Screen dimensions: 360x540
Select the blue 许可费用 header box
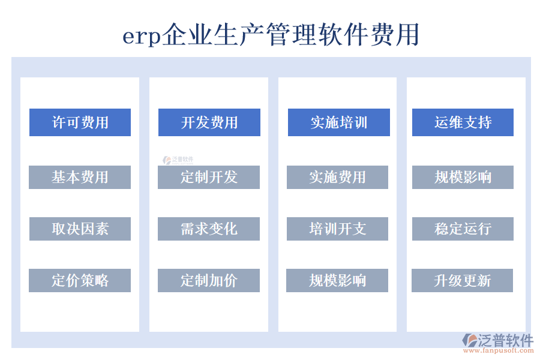pyautogui.click(x=80, y=122)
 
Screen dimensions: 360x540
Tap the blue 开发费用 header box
pyautogui.click(x=209, y=122)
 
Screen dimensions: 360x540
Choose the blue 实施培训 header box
pyautogui.click(x=338, y=122)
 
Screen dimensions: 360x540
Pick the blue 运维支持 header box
pyautogui.click(x=463, y=122)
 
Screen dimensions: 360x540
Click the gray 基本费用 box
pyautogui.click(x=80, y=177)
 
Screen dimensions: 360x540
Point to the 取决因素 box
pyautogui.click(x=80, y=229)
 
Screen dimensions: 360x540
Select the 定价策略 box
pyautogui.click(x=80, y=280)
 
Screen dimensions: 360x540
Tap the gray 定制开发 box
pyautogui.click(x=209, y=177)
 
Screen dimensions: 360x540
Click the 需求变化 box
pyautogui.click(x=209, y=229)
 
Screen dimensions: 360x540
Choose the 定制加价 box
pyautogui.click(x=209, y=280)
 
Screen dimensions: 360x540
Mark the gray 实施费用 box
pyautogui.click(x=337, y=177)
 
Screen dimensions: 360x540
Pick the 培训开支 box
pyautogui.click(x=337, y=229)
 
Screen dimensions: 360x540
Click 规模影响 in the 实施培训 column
pyautogui.click(x=337, y=280)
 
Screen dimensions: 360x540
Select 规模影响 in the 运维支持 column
pyautogui.click(x=463, y=177)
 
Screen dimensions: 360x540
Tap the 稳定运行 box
pyautogui.click(x=463, y=229)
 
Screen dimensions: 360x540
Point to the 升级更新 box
pyautogui.click(x=462, y=280)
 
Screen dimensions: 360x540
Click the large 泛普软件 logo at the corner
pyautogui.click(x=498, y=341)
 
